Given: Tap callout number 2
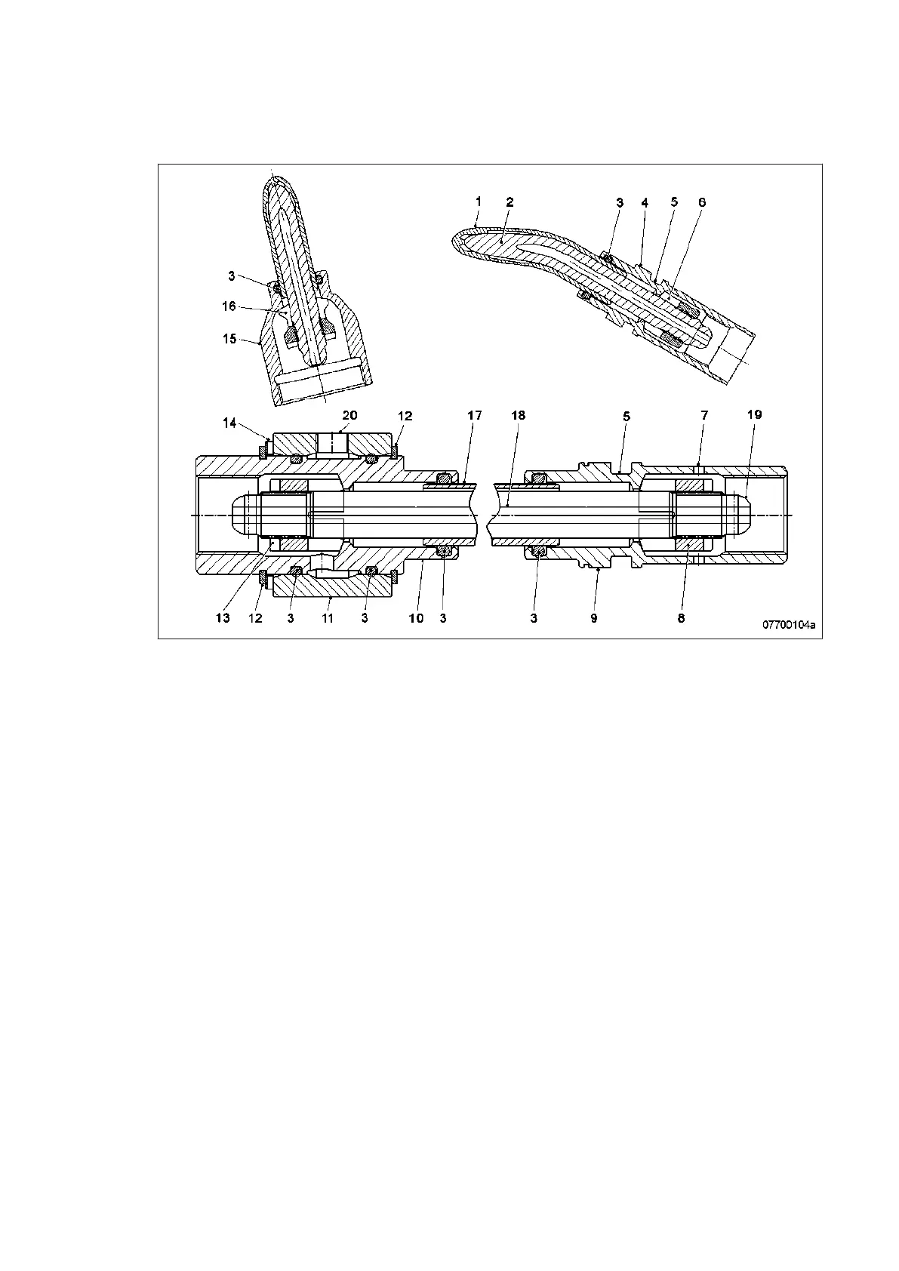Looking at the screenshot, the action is pos(510,202).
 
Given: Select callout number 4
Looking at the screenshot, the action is pos(645,202).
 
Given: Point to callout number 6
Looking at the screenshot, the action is pos(702,202).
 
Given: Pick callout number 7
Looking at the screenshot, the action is pos(703,416).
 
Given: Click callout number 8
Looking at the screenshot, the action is pos(681,618).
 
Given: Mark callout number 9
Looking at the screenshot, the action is pos(594,618).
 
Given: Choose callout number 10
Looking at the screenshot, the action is pos(416,618).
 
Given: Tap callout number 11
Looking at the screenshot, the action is pos(328,618).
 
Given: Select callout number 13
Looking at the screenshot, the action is pos(222,618).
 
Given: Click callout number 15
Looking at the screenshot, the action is pos(229,339).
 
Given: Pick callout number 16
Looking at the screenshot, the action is pos(229,306).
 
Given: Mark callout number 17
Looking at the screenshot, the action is pos(474,416).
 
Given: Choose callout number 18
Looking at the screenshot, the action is pos(518,416).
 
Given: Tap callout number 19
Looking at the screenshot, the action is pos(754,414).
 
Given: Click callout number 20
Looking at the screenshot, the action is pos(349,415).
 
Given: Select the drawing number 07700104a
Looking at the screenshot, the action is pos(789,625).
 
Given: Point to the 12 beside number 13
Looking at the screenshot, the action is pos(255,618).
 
